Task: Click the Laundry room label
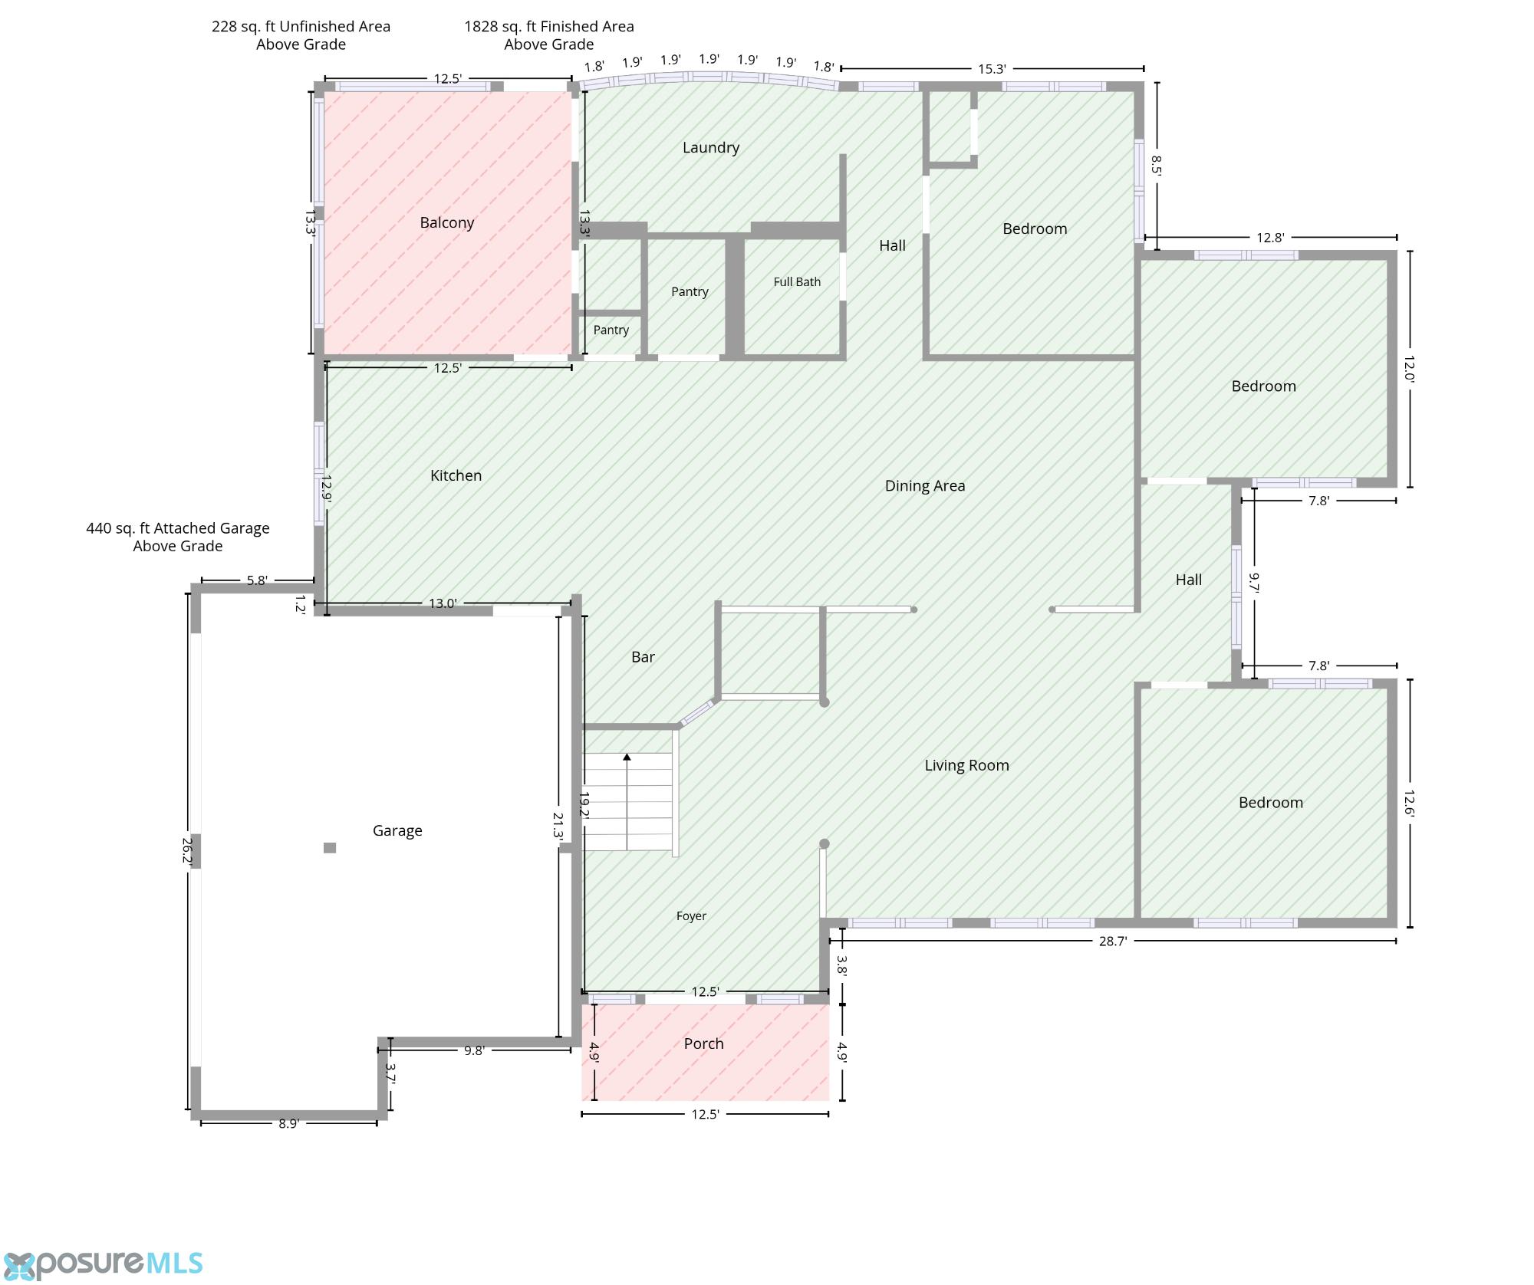pos(711,148)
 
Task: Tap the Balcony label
pos(447,223)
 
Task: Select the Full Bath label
pos(797,282)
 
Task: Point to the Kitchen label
pos(456,475)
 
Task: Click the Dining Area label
pos(925,486)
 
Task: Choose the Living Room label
pos(966,765)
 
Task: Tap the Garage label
pos(397,830)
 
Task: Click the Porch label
pos(703,1043)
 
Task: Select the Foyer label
pos(691,915)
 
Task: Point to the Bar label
pos(643,657)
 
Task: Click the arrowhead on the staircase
pos(627,758)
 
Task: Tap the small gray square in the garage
pos(330,847)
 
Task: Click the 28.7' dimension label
pos(1112,941)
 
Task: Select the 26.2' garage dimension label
pos(186,850)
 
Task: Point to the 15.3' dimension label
pos(992,69)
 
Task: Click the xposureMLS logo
pos(104,1264)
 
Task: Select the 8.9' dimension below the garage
pos(288,1123)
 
